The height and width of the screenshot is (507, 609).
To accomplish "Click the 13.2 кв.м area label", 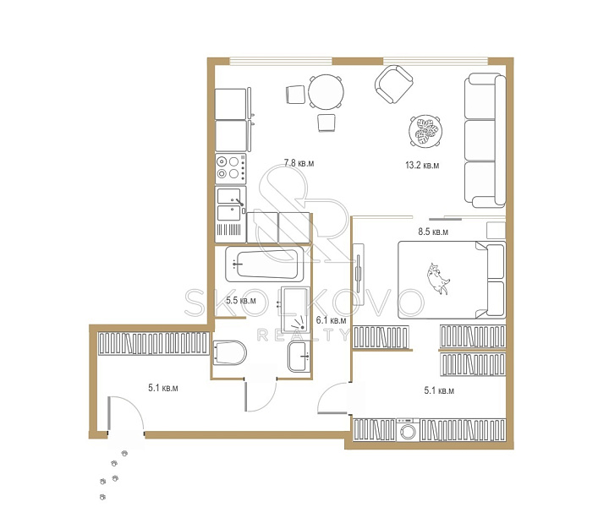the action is [422, 166].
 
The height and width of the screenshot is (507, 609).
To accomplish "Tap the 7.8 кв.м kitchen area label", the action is [299, 163].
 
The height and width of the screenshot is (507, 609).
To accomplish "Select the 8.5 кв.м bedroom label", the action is [433, 232].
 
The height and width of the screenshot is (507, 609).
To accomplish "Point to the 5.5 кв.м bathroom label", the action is [241, 300].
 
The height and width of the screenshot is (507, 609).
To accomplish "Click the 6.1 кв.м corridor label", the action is [331, 320].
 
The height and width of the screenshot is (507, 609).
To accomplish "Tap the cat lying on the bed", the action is [439, 278].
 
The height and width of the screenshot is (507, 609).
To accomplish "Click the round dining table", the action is [326, 92].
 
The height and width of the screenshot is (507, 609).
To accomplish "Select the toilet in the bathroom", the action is [229, 352].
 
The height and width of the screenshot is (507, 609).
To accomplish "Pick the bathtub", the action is [265, 264].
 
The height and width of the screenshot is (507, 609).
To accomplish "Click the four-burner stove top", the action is [231, 169].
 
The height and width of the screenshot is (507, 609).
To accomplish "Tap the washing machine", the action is [408, 430].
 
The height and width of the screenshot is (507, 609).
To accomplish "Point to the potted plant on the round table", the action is [425, 131].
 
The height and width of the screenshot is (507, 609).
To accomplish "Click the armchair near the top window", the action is [394, 84].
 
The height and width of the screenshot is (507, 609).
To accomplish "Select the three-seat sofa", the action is [486, 140].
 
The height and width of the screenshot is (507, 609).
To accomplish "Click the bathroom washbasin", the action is [299, 357].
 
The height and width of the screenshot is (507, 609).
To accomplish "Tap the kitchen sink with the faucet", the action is [231, 204].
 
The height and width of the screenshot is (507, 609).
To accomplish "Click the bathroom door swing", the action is [261, 395].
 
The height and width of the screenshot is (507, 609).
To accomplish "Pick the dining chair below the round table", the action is [326, 123].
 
